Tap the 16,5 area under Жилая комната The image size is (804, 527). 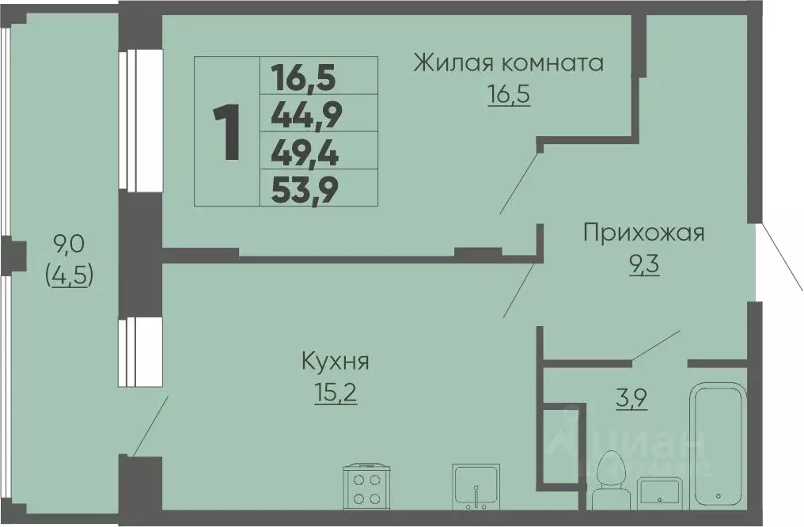(x=507, y=95)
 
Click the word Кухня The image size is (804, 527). (x=336, y=362)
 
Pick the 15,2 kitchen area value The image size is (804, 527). (x=336, y=392)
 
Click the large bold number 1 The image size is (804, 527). (x=226, y=132)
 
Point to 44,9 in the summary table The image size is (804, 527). (x=305, y=116)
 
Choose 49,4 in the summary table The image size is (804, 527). (x=305, y=153)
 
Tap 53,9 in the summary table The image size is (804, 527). (x=305, y=190)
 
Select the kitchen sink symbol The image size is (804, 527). (x=476, y=487)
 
